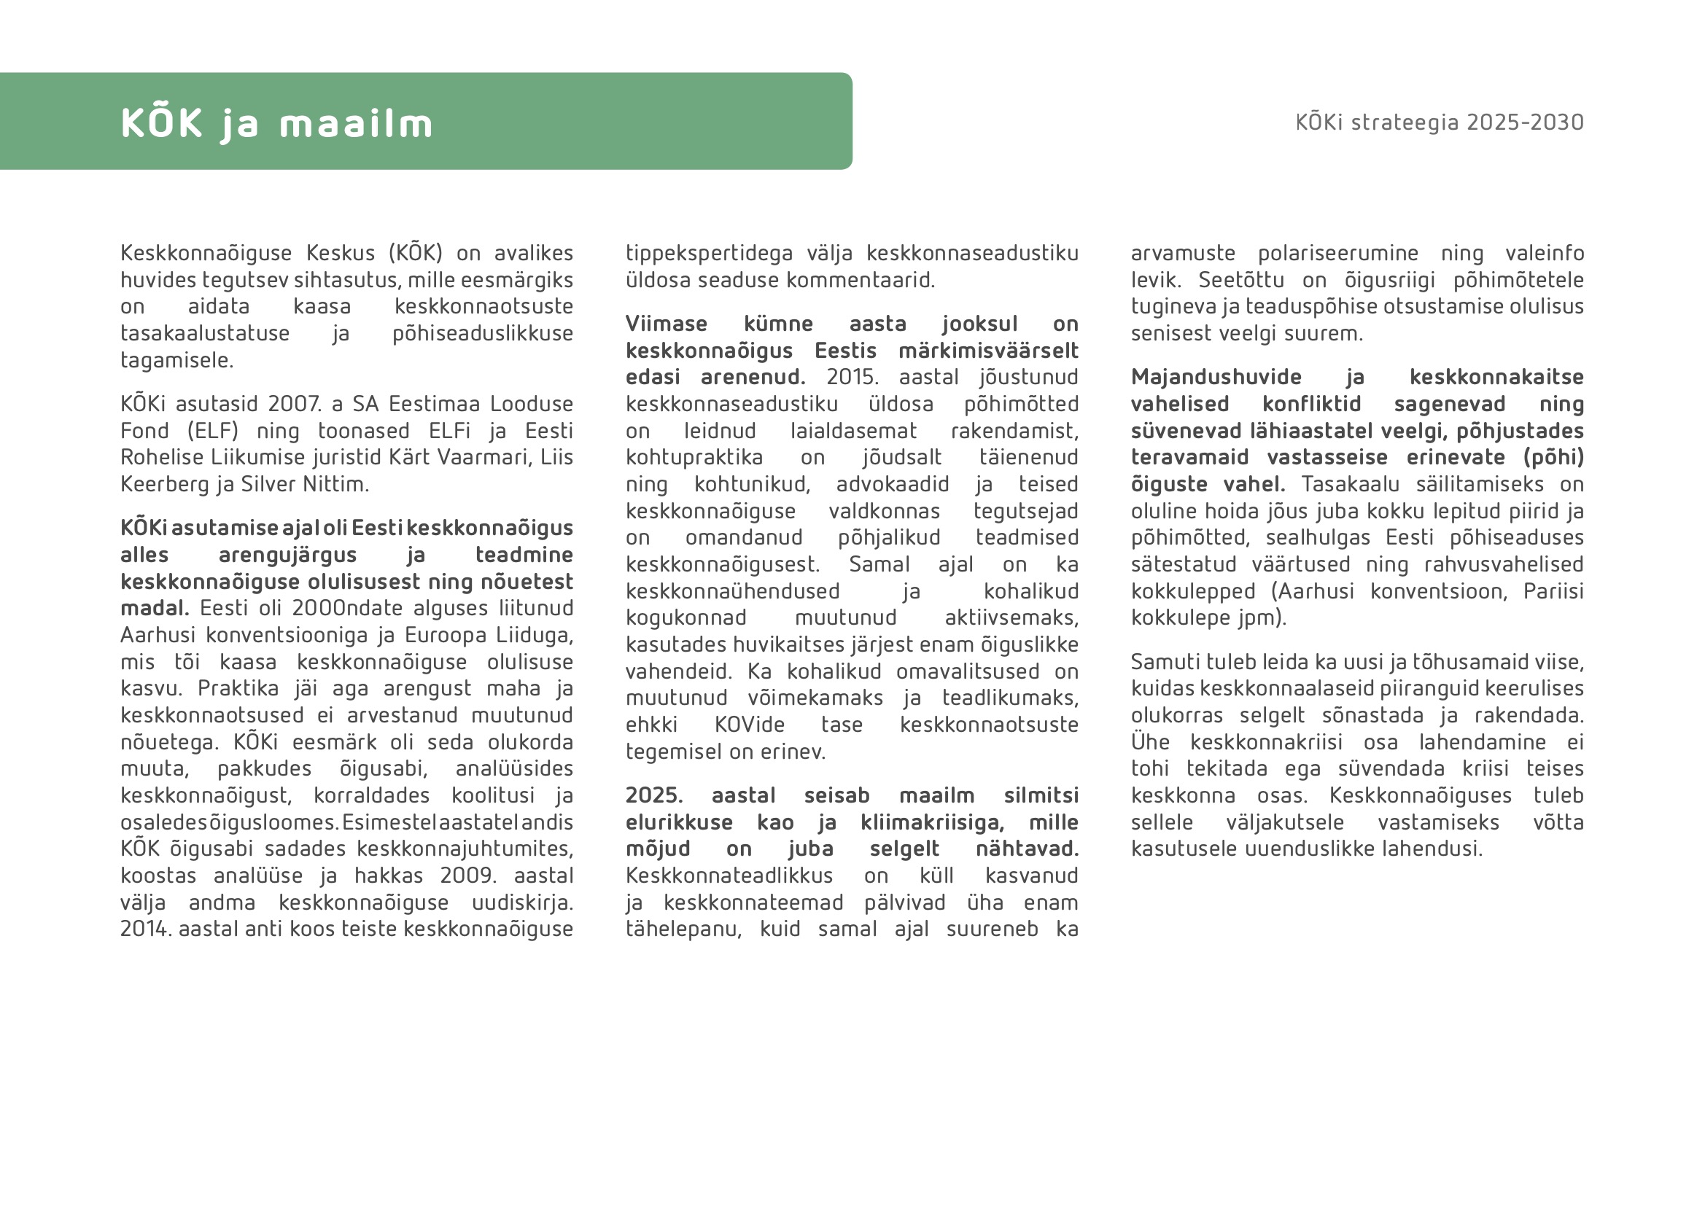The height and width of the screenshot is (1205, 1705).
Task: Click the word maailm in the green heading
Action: [356, 124]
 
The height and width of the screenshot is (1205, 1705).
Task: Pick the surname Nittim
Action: [335, 484]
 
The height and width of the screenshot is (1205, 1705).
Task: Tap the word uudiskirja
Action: [523, 902]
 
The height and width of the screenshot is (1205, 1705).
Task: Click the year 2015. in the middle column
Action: [852, 377]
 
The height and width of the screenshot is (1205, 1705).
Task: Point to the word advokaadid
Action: [893, 484]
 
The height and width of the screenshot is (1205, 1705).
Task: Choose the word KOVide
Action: [749, 725]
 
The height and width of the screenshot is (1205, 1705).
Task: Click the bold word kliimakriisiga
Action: [932, 822]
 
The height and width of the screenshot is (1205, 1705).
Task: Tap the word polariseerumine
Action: [1338, 253]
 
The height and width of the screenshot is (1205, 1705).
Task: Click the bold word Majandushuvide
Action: [1216, 377]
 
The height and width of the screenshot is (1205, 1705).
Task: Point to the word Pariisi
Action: [1553, 591]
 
